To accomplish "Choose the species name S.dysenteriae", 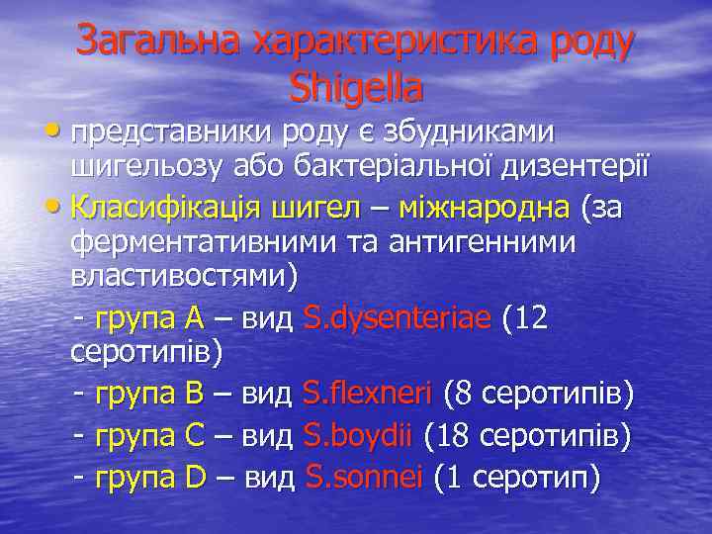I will [397, 317].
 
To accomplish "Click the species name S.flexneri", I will [367, 395].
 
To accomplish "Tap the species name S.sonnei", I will [364, 479].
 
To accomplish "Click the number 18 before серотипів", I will [449, 436].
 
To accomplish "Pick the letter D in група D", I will [195, 479].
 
